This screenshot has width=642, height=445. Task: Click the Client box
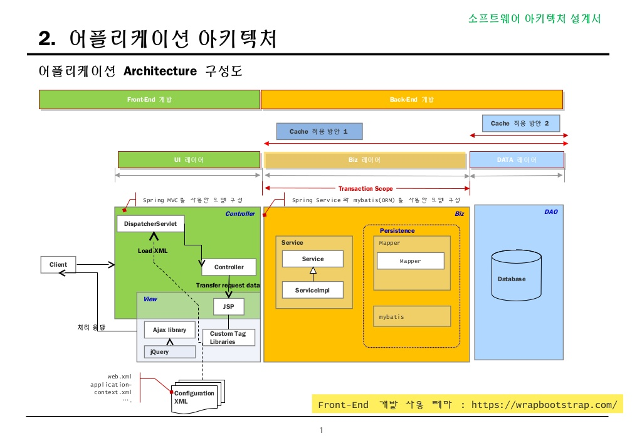click(58, 265)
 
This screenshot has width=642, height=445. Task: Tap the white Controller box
click(229, 267)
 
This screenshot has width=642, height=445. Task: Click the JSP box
click(228, 306)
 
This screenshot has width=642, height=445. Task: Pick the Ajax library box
click(169, 330)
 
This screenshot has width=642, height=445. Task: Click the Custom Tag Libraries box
click(228, 338)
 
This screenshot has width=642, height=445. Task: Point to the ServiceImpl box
click(312, 290)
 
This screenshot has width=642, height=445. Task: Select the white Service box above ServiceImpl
click(312, 259)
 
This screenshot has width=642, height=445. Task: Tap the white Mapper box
click(410, 261)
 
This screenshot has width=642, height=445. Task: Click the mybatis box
click(412, 316)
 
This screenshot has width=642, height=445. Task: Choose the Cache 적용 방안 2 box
click(520, 124)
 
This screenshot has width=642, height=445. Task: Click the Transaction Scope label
click(366, 188)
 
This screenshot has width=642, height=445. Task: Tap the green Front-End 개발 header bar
click(149, 100)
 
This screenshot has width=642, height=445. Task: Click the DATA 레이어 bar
click(517, 160)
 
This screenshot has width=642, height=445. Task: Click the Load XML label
click(152, 250)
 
